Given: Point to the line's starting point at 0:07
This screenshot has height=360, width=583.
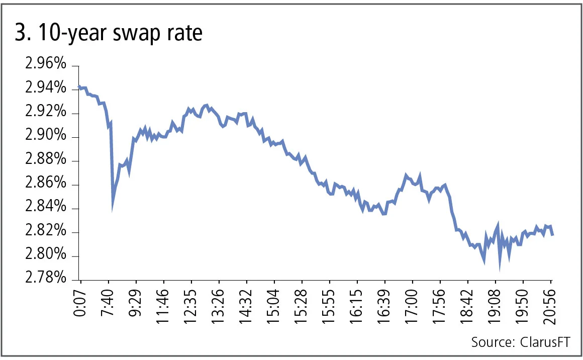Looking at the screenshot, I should click(x=79, y=87).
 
